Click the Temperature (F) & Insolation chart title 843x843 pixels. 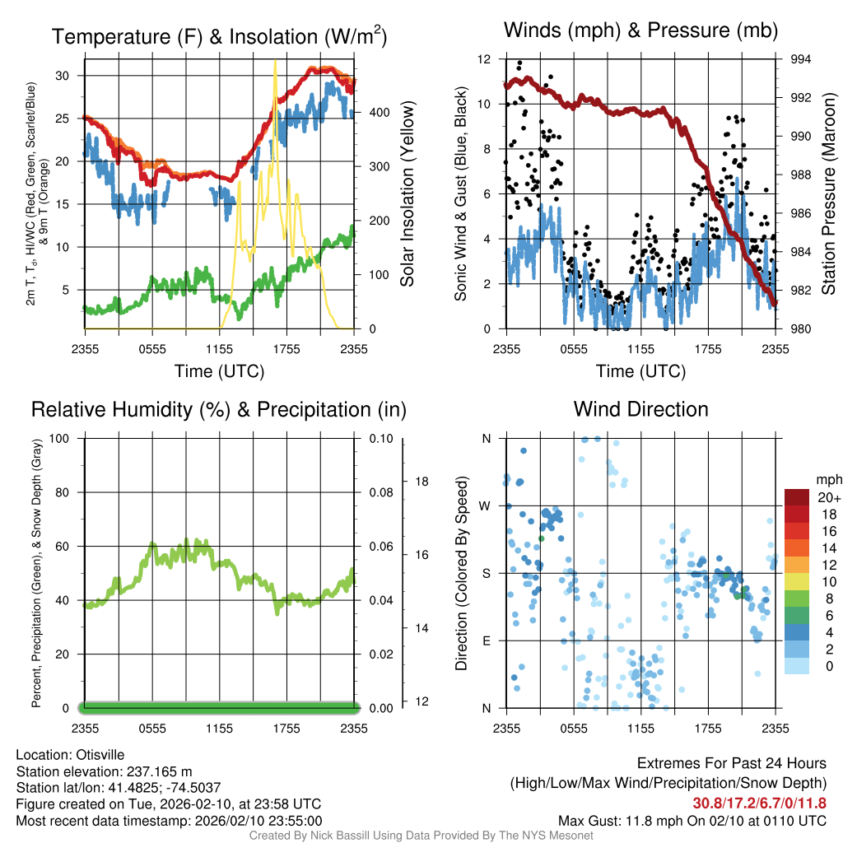tap(219, 36)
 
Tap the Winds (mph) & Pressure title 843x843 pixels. tap(640, 30)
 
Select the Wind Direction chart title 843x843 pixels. tap(640, 409)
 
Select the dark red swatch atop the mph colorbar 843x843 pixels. tap(798, 497)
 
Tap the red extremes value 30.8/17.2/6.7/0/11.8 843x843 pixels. tap(759, 803)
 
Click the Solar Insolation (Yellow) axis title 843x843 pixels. tap(408, 194)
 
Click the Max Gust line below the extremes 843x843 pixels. tap(692, 821)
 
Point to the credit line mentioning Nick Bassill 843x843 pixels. tap(421, 836)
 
